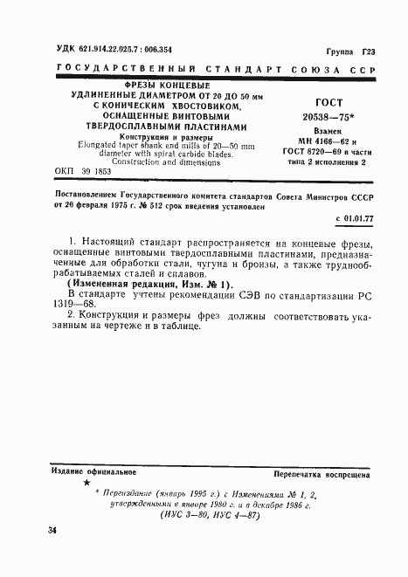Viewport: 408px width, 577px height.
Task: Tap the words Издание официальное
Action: (87, 471)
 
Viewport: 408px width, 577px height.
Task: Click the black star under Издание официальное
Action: (86, 482)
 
